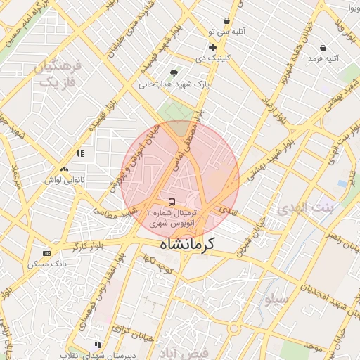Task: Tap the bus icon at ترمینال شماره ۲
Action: (x=173, y=202)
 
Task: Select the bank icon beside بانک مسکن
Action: (x=47, y=253)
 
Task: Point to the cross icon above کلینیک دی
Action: (x=212, y=47)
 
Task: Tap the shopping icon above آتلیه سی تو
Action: (x=226, y=21)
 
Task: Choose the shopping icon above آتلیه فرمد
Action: (x=323, y=48)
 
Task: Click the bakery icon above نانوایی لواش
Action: (x=65, y=169)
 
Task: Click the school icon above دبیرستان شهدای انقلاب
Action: (x=98, y=345)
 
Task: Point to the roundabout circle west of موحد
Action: (x=233, y=328)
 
